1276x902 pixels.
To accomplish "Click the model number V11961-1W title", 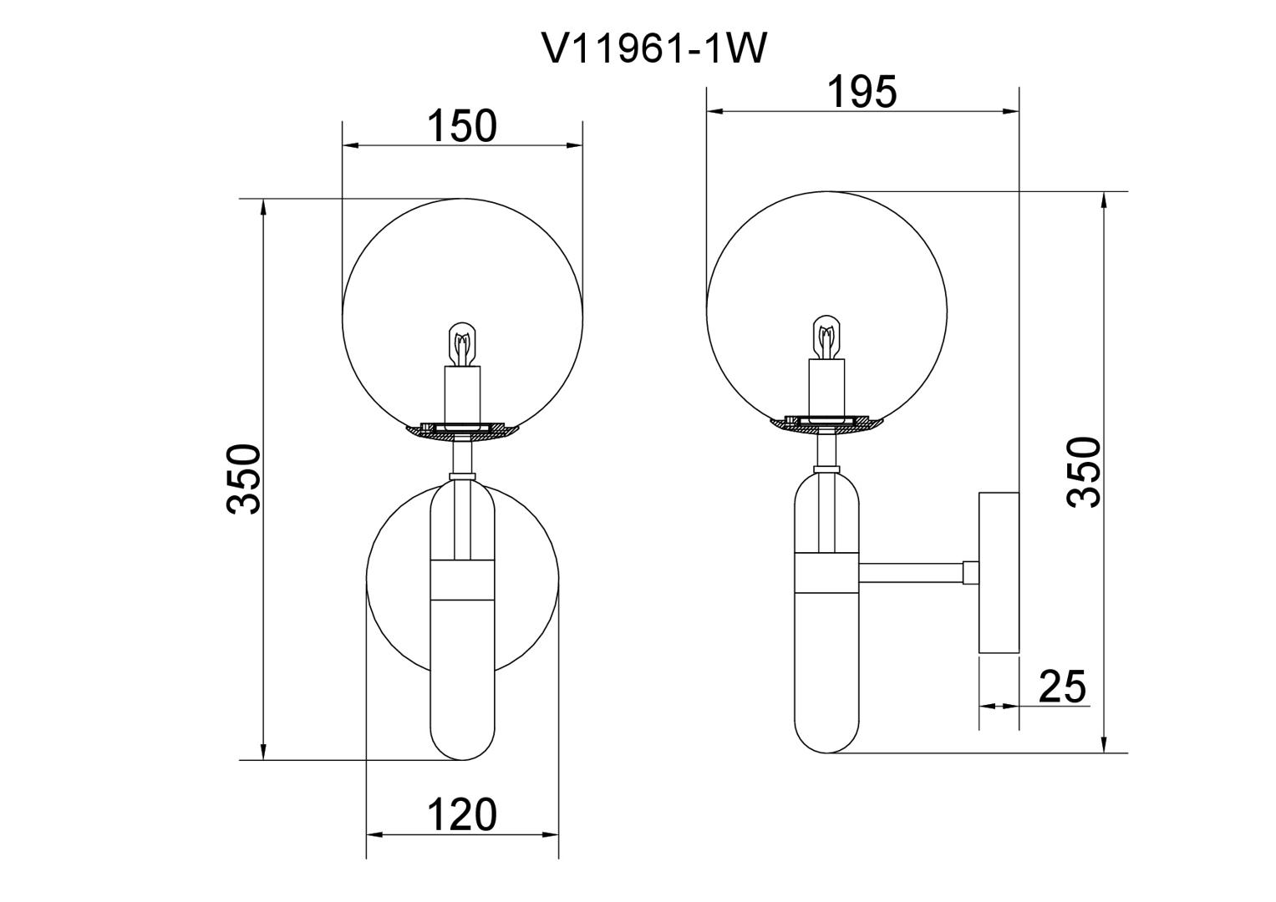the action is point(656,48).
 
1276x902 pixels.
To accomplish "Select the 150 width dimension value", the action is point(461,126).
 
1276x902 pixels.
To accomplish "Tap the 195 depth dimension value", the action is point(862,92).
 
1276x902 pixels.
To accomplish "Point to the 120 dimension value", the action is point(461,815).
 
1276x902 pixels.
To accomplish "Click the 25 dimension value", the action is point(1062,687).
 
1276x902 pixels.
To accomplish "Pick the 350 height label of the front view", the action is point(244,479).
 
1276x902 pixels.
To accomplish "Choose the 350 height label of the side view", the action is point(1084,472).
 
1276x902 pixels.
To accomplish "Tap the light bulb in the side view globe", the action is point(826,337).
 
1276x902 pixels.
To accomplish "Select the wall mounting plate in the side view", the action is point(999,572).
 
